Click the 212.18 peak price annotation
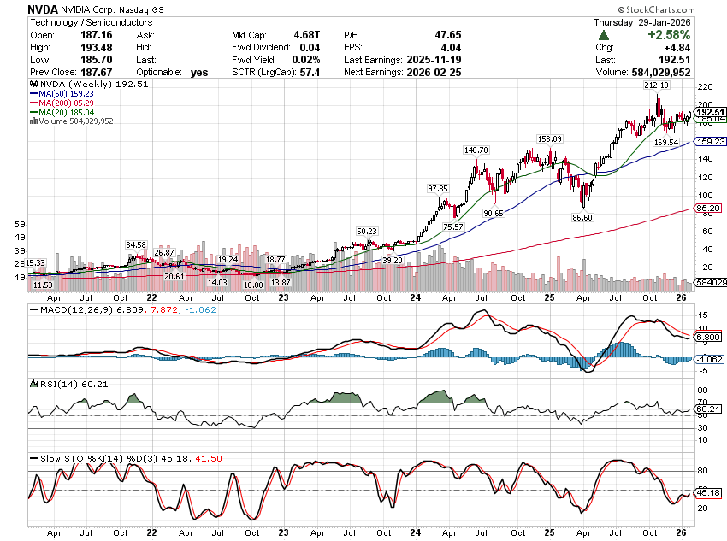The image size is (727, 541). coord(657,85)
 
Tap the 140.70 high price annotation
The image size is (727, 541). coord(476,150)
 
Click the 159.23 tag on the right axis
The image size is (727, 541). coord(709,142)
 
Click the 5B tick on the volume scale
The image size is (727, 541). coord(20,223)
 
